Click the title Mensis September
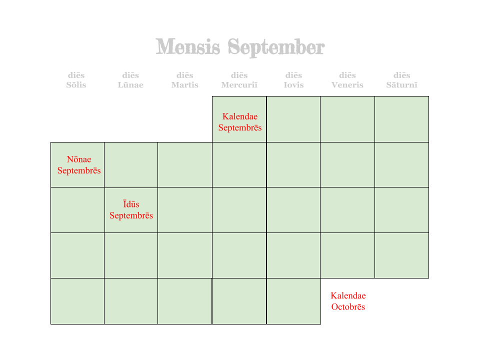[x=240, y=47]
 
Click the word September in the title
[x=276, y=47]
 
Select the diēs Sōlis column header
[x=76, y=80]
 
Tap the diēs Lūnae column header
[x=130, y=80]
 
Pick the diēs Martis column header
[x=184, y=80]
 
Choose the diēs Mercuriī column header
[x=239, y=80]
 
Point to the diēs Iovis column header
[x=293, y=80]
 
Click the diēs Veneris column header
[x=347, y=80]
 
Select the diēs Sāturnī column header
[x=402, y=80]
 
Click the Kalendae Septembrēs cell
[x=239, y=119]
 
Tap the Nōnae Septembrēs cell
[x=77, y=164]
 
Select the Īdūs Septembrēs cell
[x=131, y=210]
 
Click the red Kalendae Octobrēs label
[x=348, y=301]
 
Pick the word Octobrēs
[x=348, y=307]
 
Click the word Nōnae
[x=79, y=159]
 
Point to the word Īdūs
[x=131, y=204]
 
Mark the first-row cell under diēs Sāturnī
[x=401, y=119]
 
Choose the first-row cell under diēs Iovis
[x=293, y=119]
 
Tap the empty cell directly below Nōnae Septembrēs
[x=77, y=210]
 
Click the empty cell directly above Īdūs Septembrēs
[x=131, y=164]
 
